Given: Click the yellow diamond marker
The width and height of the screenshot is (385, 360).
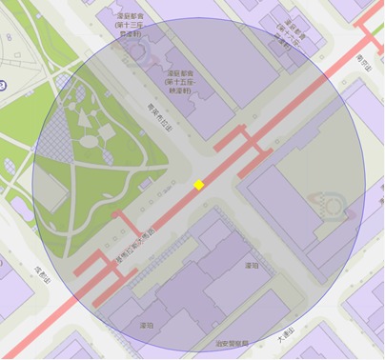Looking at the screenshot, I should [199, 185].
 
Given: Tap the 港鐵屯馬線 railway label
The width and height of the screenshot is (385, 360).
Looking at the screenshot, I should [134, 243].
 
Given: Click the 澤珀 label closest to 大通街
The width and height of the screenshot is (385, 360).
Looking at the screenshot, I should [252, 266].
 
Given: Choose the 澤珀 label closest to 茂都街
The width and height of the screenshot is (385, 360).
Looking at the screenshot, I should [146, 325].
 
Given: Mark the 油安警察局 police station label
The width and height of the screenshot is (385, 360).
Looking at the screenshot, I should [232, 344].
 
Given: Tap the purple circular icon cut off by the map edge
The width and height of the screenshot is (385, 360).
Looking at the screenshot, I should [3, 86].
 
